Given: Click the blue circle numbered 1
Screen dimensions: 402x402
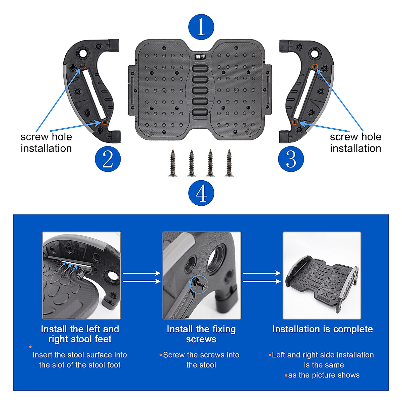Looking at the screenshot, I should (x=201, y=27).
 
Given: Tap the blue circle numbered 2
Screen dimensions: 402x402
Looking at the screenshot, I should (x=108, y=159).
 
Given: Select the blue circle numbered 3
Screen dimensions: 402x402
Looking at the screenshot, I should (x=291, y=159).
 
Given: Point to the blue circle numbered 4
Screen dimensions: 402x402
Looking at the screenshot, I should (x=201, y=193).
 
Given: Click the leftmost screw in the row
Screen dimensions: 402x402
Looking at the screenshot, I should (x=173, y=163).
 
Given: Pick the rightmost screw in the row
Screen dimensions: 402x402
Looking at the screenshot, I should (x=229, y=163).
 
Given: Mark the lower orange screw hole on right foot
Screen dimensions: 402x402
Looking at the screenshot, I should (x=294, y=122).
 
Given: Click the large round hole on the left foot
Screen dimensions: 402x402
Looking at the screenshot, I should (x=82, y=53).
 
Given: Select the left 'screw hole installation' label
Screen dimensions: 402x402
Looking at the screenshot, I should (x=46, y=142).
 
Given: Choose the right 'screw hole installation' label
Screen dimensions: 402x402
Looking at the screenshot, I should (x=355, y=142).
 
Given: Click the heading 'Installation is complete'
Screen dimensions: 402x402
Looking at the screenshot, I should (x=322, y=329).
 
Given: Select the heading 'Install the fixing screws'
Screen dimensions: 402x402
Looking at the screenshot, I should (x=201, y=334).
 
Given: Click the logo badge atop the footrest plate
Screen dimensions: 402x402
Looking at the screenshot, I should (x=200, y=57).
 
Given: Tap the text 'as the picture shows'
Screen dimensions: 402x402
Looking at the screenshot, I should (x=324, y=375).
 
